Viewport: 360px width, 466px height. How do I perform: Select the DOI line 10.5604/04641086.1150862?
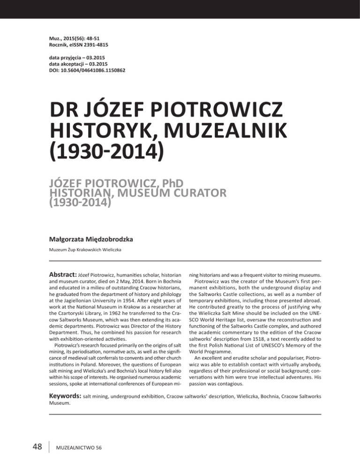82,70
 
